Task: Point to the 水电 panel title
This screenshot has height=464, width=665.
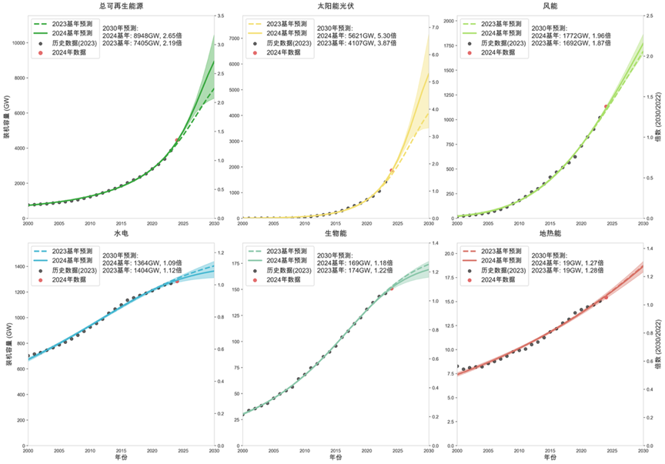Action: tap(120, 232)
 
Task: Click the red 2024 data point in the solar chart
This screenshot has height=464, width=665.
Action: tap(392, 170)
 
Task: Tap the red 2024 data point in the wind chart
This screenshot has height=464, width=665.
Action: tap(606, 106)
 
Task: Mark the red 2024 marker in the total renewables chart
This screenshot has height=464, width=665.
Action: tap(178, 140)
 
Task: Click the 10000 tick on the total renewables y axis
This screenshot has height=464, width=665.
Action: tap(16, 42)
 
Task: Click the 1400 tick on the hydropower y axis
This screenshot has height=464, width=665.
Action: tap(18, 266)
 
